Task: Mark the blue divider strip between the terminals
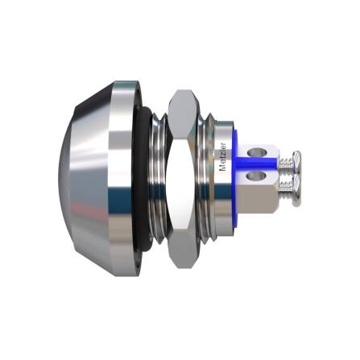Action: (x=258, y=162)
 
